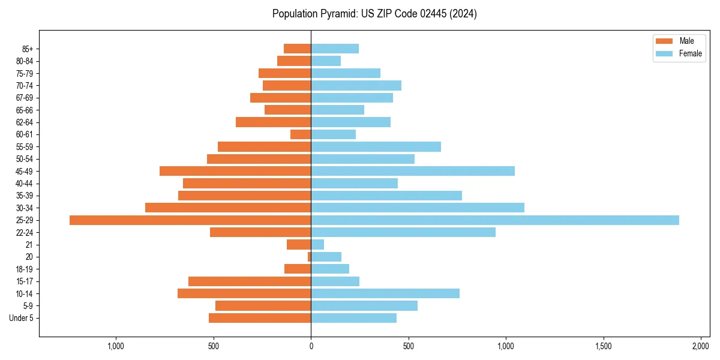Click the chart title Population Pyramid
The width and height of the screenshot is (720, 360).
pos(374,14)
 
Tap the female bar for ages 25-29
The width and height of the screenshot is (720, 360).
pos(494,220)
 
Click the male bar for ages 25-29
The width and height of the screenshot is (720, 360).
pos(190,220)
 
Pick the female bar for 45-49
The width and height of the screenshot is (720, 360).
pos(413,171)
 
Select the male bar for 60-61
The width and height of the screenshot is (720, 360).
pos(301,134)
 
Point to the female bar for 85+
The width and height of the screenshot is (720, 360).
pos(335,49)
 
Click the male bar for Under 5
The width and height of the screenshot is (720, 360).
pos(260,318)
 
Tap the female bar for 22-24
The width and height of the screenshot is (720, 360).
pos(403,232)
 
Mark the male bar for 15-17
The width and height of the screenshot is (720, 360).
pos(250,281)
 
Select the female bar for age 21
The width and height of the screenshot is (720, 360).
pos(317,245)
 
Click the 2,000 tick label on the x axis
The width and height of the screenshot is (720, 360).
pos(701,346)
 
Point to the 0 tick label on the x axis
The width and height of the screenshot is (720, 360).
pos(311,346)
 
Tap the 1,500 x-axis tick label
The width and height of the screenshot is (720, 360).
pos(603,346)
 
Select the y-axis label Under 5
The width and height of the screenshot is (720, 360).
pos(22,318)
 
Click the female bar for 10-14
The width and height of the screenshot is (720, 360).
pos(385,293)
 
